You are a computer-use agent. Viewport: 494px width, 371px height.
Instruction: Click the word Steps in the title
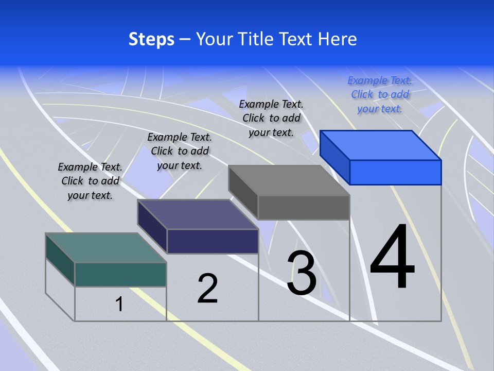click(x=151, y=39)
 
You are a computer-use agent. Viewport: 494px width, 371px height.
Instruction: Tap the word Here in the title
click(x=338, y=39)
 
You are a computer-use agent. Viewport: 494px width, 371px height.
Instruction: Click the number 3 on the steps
click(x=302, y=273)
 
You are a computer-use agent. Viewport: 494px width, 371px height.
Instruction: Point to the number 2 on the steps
click(x=207, y=289)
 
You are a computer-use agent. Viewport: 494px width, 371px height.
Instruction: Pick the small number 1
click(x=119, y=304)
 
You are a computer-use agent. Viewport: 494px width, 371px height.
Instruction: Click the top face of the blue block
click(x=381, y=145)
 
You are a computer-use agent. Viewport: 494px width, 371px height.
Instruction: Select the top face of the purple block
click(x=198, y=214)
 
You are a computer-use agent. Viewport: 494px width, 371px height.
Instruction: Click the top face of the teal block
click(x=106, y=248)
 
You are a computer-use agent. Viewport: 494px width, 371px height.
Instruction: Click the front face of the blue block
click(x=395, y=172)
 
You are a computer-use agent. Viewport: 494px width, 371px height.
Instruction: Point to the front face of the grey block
click(x=304, y=208)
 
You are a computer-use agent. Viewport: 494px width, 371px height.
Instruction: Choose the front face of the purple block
click(x=213, y=241)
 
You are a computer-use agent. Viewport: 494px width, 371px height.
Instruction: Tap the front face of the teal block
click(x=120, y=274)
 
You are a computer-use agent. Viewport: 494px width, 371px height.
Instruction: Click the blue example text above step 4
click(x=380, y=94)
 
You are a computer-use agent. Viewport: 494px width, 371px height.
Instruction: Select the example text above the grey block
click(x=271, y=118)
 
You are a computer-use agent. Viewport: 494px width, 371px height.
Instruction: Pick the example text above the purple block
click(x=180, y=151)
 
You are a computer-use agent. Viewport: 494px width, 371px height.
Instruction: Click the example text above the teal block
click(x=90, y=181)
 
